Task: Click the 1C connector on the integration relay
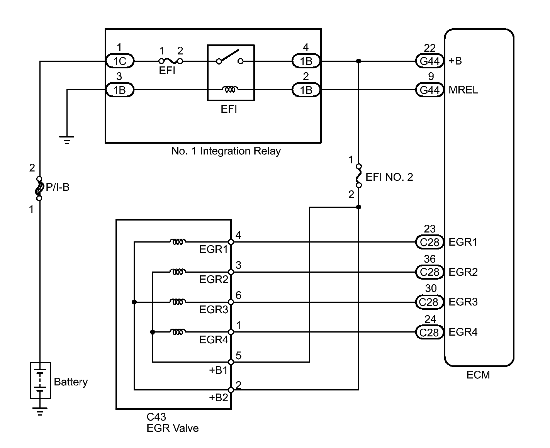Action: [120, 61]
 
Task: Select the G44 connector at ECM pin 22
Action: [429, 61]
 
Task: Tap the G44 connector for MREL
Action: [429, 90]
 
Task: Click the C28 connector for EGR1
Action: [429, 242]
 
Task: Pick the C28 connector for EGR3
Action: [429, 302]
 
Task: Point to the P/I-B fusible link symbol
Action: [39, 188]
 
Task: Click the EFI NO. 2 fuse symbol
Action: [359, 176]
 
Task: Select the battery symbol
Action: [40, 380]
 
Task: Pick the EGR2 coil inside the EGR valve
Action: [177, 272]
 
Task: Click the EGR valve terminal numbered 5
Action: [231, 362]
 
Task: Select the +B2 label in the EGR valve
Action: [219, 398]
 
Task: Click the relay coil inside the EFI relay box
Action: [231, 90]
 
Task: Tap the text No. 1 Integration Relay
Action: [226, 151]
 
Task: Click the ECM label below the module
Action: [478, 375]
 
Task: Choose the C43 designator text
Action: [156, 417]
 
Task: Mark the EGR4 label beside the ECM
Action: [463, 332]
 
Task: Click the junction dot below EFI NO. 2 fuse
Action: [359, 207]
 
